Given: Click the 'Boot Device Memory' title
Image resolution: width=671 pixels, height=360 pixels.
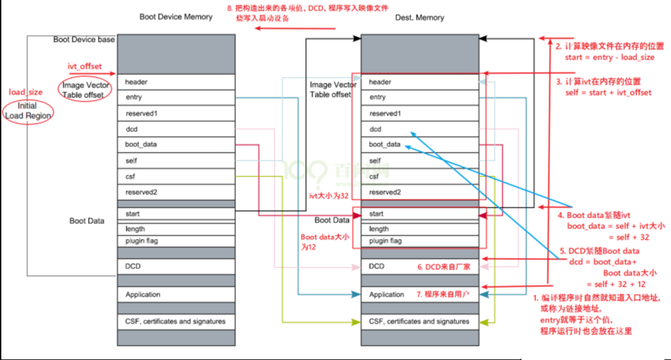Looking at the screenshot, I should pyautogui.click(x=175, y=16).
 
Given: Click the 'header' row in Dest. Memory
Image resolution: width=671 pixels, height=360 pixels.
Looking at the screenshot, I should pyautogui.click(x=421, y=82).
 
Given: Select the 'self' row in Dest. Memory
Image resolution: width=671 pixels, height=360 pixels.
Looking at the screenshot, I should pyautogui.click(x=421, y=160).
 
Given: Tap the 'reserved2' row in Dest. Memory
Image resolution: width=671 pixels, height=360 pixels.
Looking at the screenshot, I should pyautogui.click(x=421, y=192).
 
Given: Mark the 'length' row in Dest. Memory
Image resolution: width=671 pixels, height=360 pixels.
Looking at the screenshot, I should pyautogui.click(x=421, y=229).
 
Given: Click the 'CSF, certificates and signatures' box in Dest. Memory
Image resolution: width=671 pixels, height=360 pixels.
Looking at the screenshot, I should pyautogui.click(x=421, y=322).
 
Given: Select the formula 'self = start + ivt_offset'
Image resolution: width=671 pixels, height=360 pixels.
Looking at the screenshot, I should pyautogui.click(x=609, y=93).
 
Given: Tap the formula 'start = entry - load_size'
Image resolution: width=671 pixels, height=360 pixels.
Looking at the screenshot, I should pyautogui.click(x=609, y=57).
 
